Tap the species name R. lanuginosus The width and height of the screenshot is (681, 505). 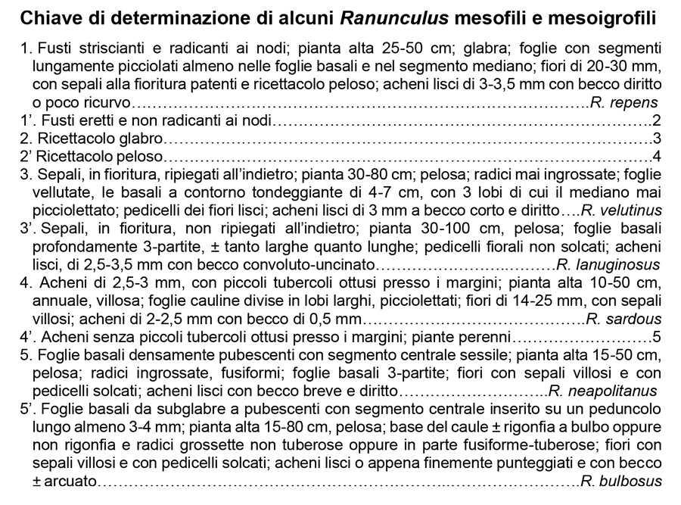608,264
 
